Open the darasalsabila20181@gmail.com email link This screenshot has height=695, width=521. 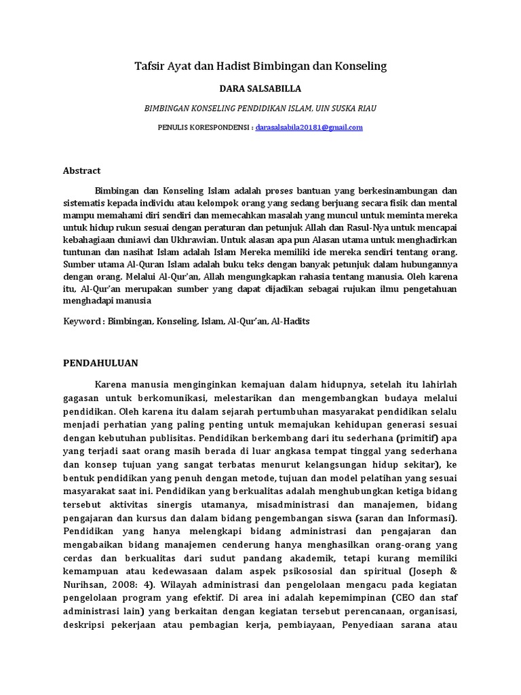pos(309,127)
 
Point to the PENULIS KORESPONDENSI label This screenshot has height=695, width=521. pos(204,127)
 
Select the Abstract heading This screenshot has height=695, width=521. pos(81,171)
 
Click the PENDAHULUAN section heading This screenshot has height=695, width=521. pos(100,363)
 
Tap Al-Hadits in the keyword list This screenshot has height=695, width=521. pos(290,321)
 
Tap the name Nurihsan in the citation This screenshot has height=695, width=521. pos(83,585)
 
